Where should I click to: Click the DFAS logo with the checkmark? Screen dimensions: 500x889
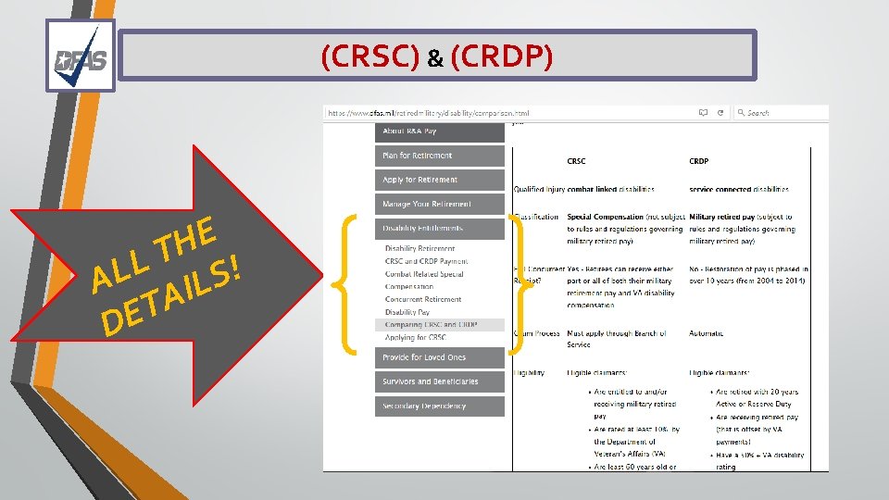pos(80,56)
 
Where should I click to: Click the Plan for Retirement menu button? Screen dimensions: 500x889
pos(440,156)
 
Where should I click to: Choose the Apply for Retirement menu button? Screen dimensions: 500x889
pos(440,180)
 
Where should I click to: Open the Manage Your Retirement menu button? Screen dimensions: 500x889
pos(440,204)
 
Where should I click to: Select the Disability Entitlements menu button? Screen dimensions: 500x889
pos(440,228)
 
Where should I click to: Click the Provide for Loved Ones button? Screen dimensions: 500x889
pos(440,357)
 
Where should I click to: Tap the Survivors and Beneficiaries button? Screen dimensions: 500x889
pos(440,381)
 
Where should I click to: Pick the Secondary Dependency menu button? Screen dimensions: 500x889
pos(440,406)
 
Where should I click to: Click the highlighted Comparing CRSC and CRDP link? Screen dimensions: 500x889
pos(432,325)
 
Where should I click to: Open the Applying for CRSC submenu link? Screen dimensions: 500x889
pos(416,338)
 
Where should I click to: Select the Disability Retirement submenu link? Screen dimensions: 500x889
pos(420,248)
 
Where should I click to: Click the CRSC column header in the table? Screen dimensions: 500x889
pos(576,161)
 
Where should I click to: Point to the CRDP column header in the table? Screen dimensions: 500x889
pos(699,161)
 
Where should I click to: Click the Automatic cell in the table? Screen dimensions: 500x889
pos(707,333)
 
